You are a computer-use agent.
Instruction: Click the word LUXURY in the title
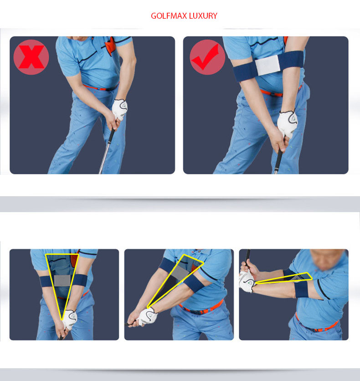tap(203, 16)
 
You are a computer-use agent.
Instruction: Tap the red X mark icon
tap(31, 57)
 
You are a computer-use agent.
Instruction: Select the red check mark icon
tap(207, 57)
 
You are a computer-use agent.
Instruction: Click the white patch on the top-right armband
tap(267, 65)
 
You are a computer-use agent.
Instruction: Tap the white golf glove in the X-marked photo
tap(119, 109)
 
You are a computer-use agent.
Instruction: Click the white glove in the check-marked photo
tap(287, 124)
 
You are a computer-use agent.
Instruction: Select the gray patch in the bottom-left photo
tap(62, 281)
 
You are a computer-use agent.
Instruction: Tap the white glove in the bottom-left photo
tap(70, 319)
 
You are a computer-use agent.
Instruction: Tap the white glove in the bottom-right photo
tap(247, 282)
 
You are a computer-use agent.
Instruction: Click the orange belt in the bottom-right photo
tap(316, 325)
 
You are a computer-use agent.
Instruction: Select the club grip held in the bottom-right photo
tap(247, 258)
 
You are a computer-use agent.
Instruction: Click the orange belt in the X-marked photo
tap(100, 87)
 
